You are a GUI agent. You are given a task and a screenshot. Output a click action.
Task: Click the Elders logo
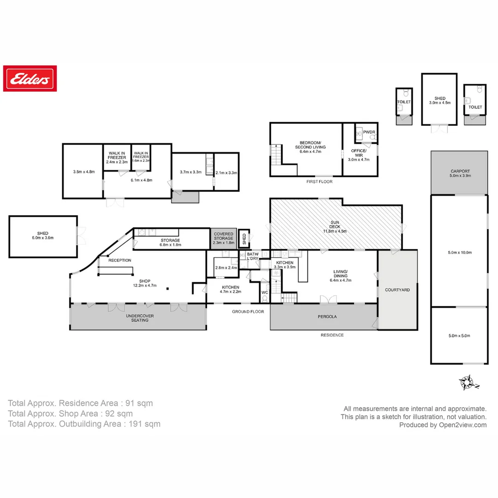30,78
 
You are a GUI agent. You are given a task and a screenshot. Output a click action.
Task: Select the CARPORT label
459,171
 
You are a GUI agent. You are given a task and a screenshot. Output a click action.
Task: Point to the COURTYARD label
397,290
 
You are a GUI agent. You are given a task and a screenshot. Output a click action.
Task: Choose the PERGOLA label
327,317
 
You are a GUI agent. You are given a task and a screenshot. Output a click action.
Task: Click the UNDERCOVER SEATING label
139,318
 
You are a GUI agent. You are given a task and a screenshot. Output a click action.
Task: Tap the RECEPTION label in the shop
120,261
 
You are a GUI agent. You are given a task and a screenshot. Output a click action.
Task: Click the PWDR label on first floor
369,132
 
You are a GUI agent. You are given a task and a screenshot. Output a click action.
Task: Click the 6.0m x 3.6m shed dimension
43,238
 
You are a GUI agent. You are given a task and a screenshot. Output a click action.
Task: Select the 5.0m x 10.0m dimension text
459,252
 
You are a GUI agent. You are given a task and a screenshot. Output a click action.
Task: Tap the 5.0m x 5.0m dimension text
459,336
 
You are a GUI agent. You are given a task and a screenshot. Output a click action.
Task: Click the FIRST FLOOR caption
320,182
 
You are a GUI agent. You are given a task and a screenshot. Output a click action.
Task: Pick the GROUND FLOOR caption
248,312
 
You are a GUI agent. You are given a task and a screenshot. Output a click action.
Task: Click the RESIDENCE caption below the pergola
332,335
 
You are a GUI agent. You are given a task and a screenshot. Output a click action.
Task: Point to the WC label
265,292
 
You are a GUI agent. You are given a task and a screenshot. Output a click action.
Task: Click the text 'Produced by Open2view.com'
443,425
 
